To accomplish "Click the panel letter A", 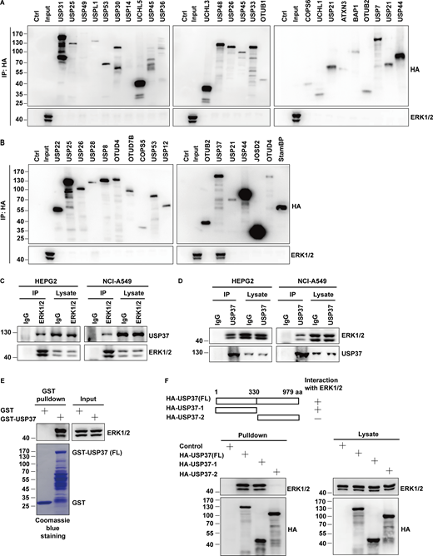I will click(x=6, y=5).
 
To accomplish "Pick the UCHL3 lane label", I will click(x=205, y=16).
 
